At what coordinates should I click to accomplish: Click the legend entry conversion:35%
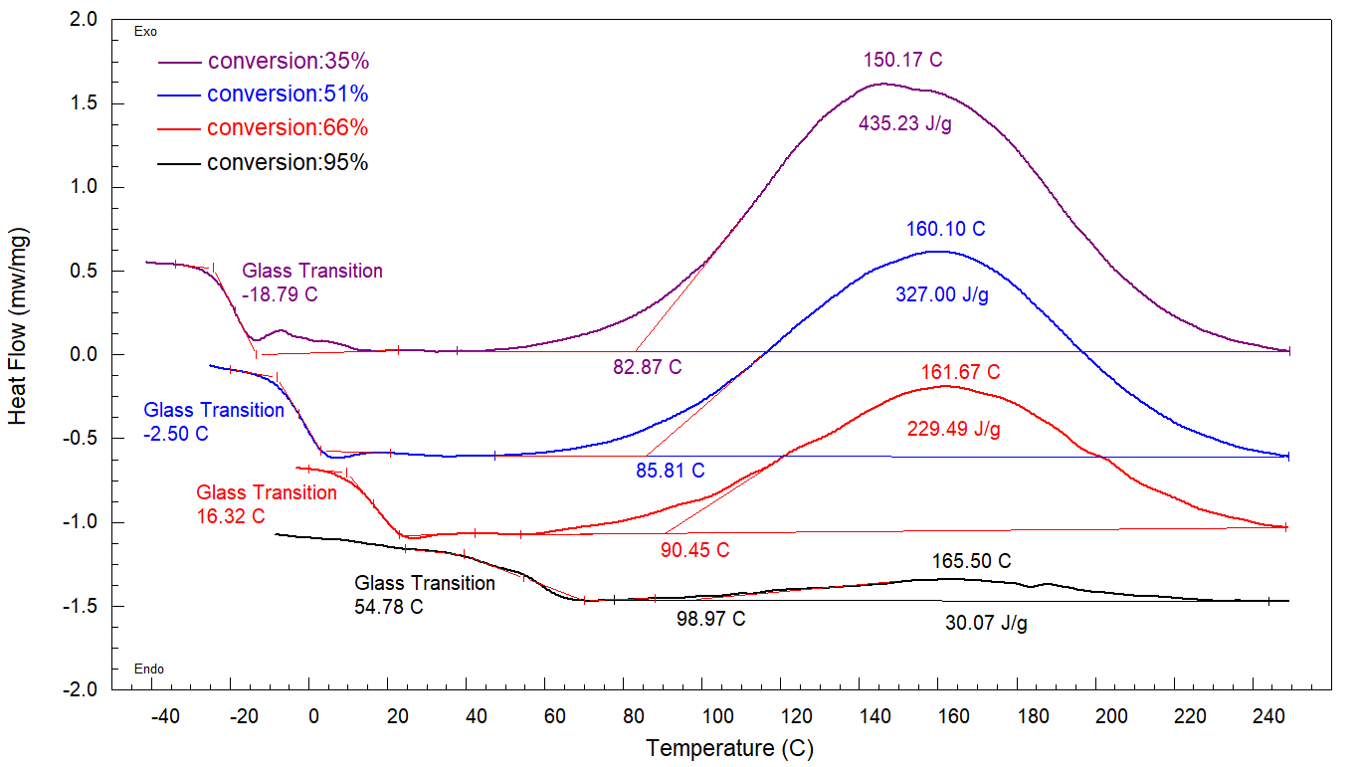pos(289,61)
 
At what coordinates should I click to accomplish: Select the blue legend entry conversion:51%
pos(289,95)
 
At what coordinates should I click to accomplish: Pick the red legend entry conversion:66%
pos(289,128)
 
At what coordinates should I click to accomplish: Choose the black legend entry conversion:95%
pos(289,162)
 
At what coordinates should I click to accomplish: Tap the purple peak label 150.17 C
pos(902,60)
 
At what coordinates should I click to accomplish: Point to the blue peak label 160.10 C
pos(945,230)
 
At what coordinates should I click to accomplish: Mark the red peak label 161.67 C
pos(960,373)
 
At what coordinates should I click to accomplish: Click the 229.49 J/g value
pos(953,430)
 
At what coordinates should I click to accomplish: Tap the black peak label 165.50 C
pos(972,561)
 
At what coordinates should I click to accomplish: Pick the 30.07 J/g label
pos(986,624)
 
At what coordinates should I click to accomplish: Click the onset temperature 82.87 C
pos(647,367)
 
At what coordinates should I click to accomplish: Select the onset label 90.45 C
pos(694,550)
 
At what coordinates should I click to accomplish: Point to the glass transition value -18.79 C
pos(282,295)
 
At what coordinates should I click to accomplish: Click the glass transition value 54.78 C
pos(389,607)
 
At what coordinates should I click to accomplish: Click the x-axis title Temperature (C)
pos(729,748)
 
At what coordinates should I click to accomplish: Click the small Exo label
pos(145,32)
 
